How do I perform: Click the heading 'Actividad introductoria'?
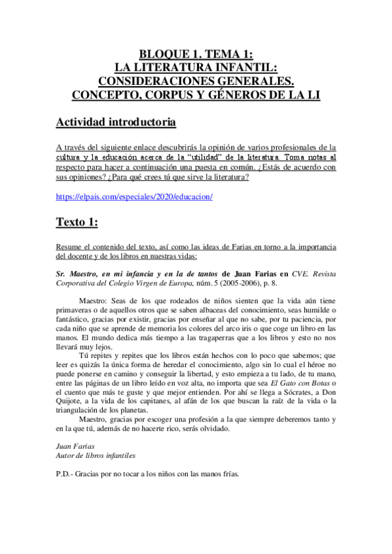pyautogui.click(x=115, y=122)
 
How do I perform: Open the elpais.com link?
pyautogui.click(x=134, y=197)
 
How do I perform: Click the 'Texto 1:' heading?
pyautogui.click(x=77, y=222)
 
